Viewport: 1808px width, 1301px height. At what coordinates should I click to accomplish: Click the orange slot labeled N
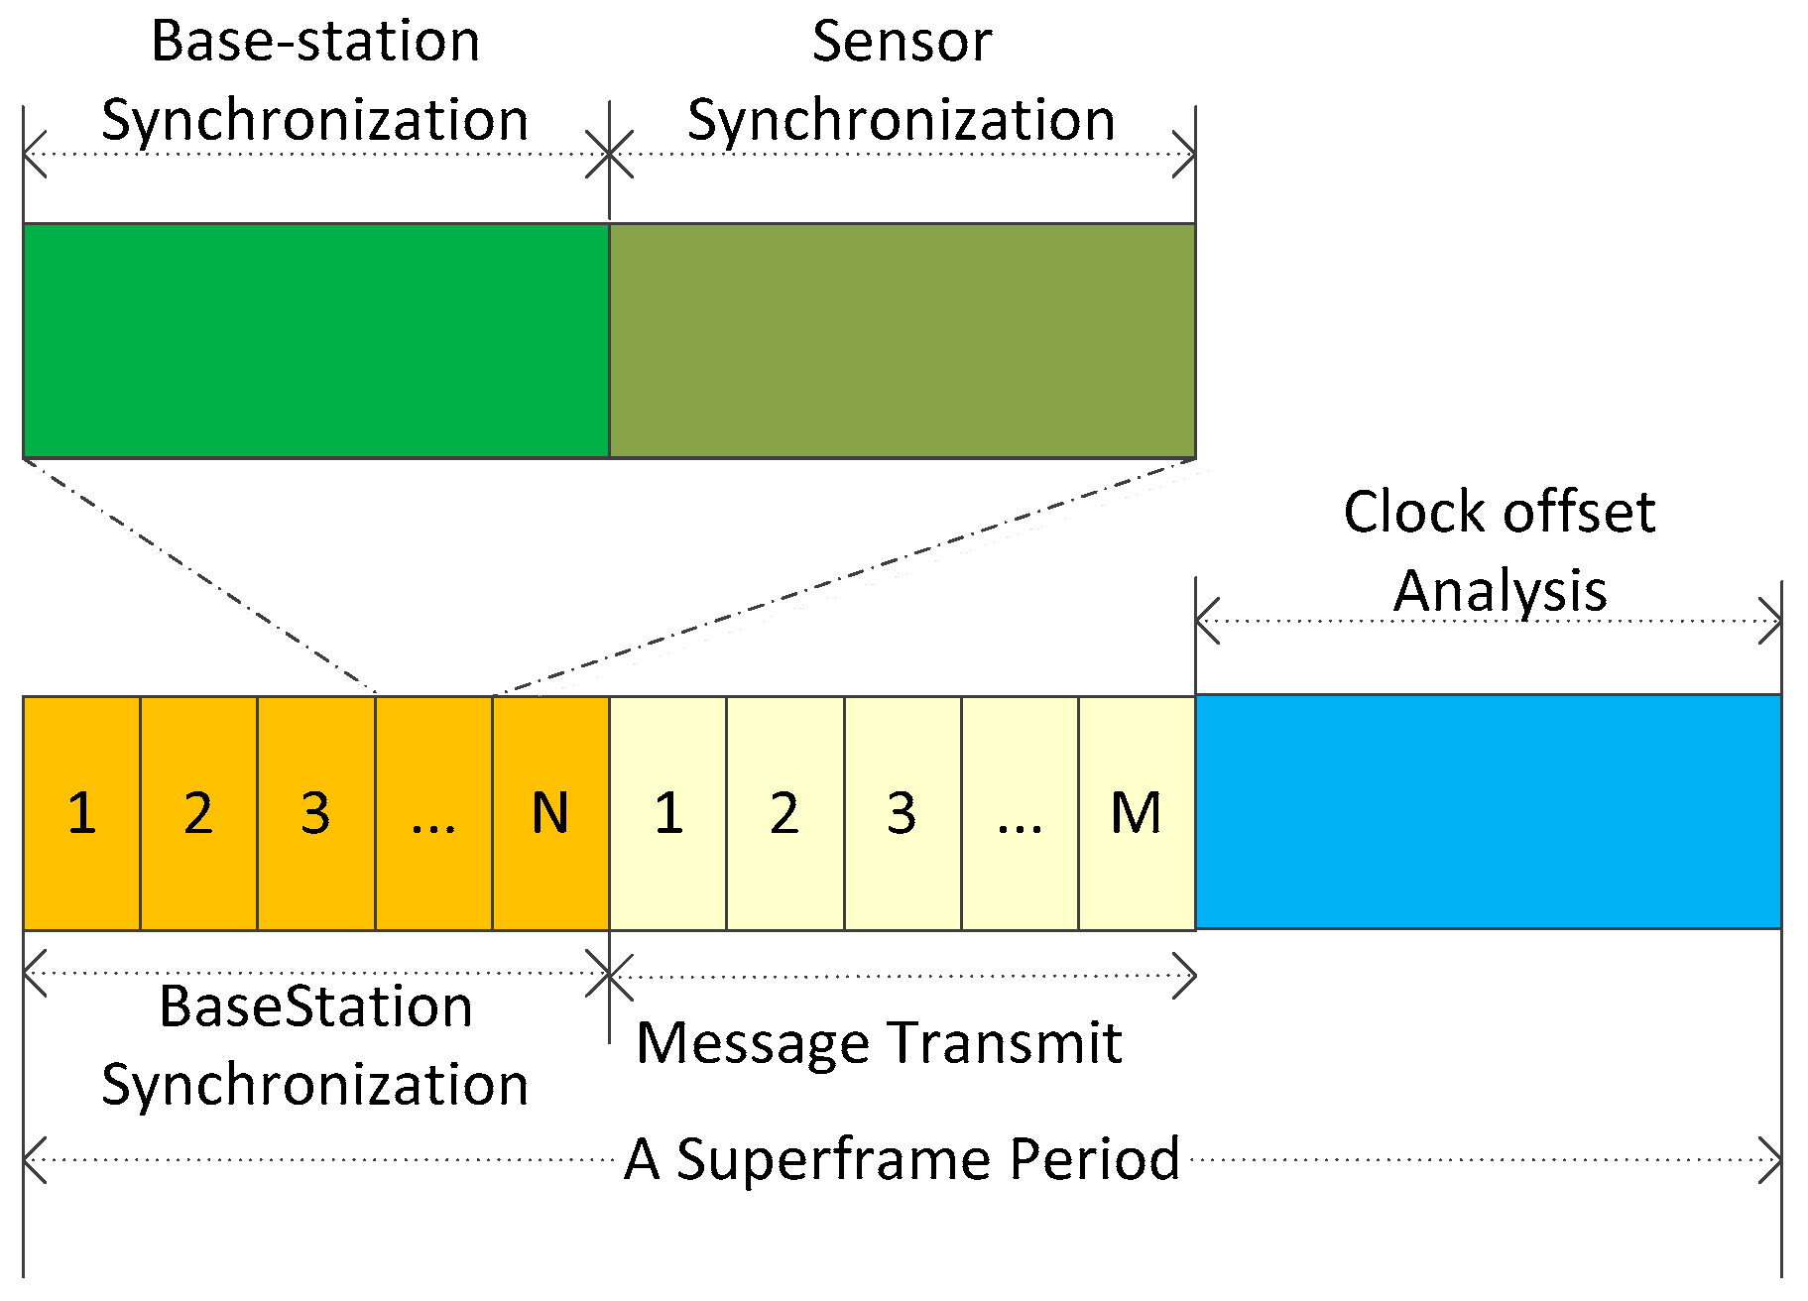click(x=550, y=813)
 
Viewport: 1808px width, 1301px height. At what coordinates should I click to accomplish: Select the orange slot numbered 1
click(x=81, y=813)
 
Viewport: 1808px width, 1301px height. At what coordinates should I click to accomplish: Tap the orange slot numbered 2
click(x=198, y=813)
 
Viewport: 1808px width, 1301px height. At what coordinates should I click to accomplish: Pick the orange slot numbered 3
click(x=315, y=813)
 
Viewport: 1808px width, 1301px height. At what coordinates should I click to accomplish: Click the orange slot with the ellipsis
click(x=433, y=813)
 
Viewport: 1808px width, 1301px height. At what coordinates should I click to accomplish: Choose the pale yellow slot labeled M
click(x=1137, y=813)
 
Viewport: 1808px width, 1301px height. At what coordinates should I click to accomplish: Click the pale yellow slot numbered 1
click(x=667, y=813)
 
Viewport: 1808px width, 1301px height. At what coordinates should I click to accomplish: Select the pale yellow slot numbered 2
click(x=784, y=813)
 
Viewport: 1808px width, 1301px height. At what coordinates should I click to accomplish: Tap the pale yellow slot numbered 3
click(x=902, y=813)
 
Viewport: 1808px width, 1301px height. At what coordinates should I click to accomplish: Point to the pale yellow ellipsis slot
click(x=1020, y=813)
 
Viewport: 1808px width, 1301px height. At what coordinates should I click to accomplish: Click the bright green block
click(x=315, y=340)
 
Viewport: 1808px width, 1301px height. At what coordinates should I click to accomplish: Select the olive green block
click(x=902, y=340)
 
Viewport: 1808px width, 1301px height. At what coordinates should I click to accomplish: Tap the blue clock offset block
click(x=1488, y=811)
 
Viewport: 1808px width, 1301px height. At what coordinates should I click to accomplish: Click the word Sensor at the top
click(x=902, y=42)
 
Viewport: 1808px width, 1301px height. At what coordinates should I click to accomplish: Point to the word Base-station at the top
click(x=315, y=42)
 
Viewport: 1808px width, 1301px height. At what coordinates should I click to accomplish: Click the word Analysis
click(x=1500, y=593)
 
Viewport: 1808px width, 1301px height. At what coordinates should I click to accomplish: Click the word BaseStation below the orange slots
click(x=315, y=1007)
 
